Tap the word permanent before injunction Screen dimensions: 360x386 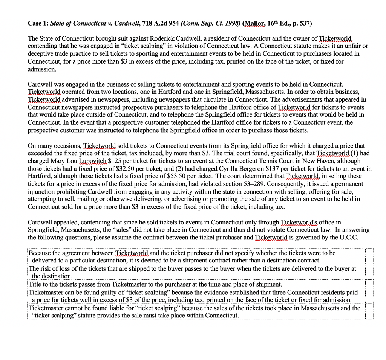tap(349, 184)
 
